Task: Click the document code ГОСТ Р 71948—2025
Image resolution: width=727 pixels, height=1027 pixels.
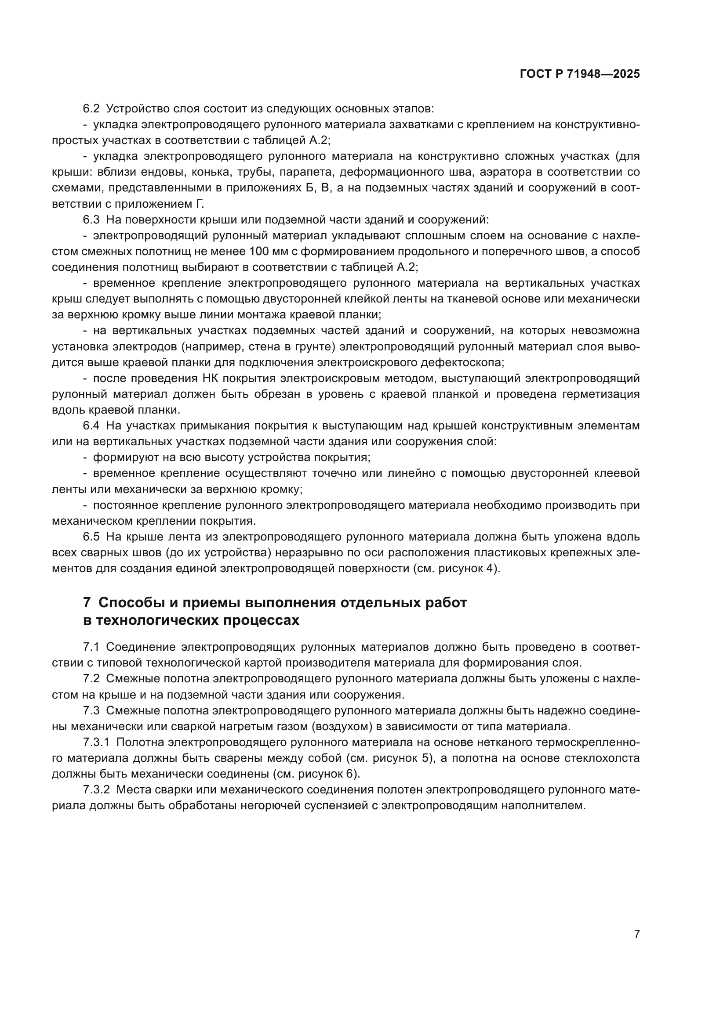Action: coord(580,74)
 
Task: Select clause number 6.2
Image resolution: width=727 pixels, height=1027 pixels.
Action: coord(91,109)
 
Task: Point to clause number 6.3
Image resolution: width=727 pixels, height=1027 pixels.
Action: coord(91,220)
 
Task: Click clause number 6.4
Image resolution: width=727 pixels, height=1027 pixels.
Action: coord(91,426)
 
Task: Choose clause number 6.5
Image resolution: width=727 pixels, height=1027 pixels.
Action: coord(91,537)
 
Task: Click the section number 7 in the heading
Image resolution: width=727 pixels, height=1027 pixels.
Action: coord(87,603)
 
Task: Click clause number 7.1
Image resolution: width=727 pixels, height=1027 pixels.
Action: coord(91,647)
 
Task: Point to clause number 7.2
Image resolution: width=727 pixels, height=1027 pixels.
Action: coord(91,678)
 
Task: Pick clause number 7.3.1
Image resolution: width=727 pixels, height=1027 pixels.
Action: coord(96,742)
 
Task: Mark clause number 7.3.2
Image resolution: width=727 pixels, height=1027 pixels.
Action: coord(96,790)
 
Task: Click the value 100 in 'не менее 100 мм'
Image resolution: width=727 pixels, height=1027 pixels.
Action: coord(259,252)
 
